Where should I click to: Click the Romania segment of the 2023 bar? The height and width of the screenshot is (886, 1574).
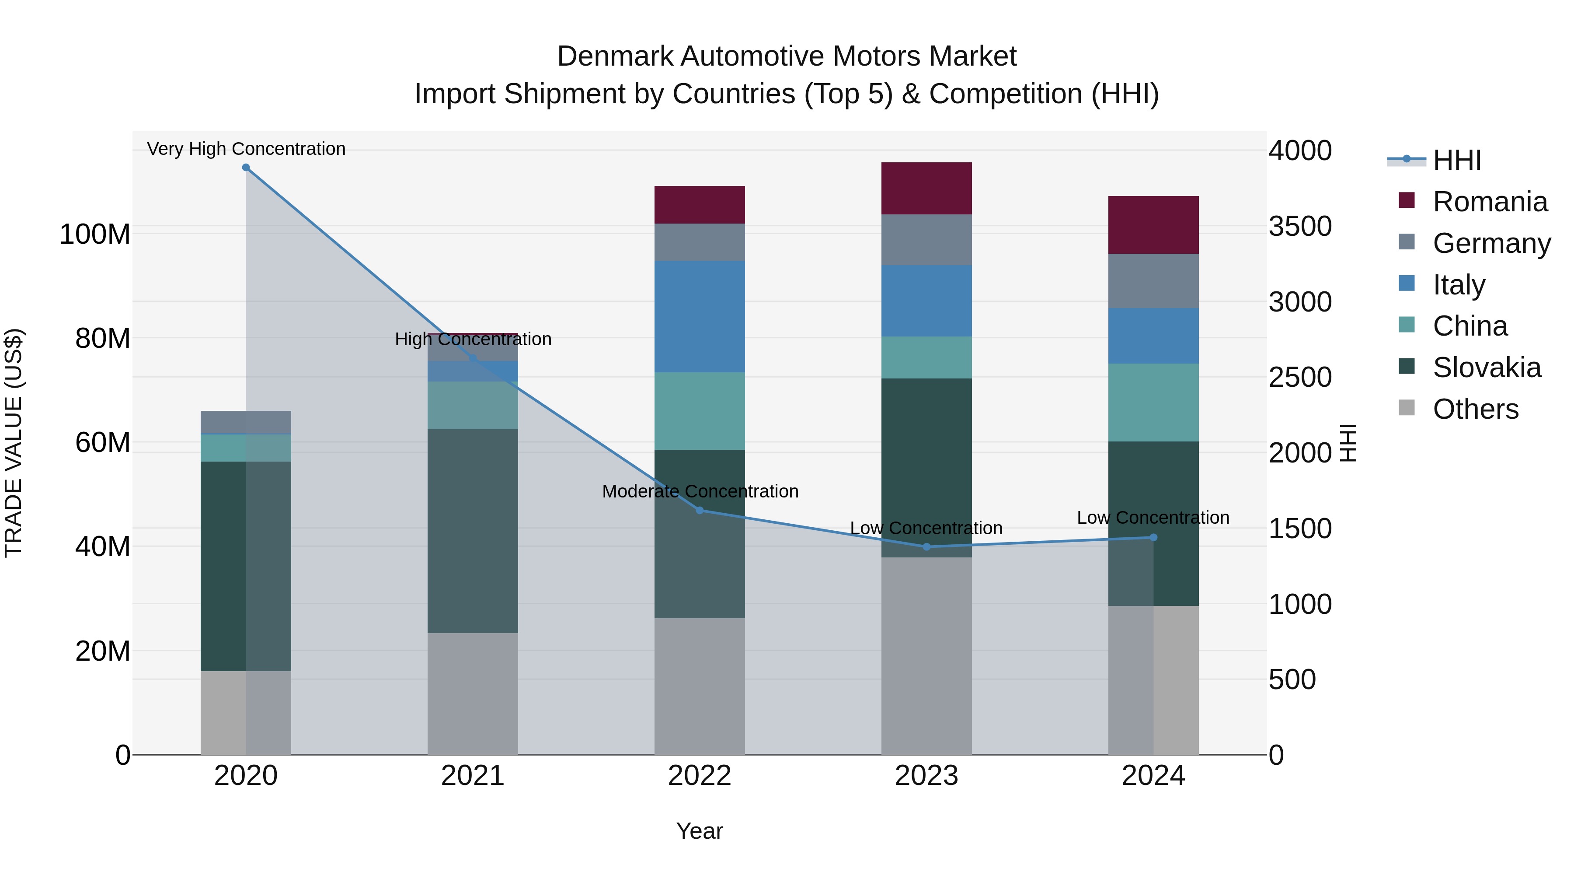point(926,188)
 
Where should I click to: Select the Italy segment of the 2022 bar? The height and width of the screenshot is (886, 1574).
point(700,317)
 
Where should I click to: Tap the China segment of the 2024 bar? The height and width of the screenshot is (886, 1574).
point(1153,403)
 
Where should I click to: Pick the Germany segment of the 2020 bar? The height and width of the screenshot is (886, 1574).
point(246,422)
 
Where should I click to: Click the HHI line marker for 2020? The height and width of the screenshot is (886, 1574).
point(246,168)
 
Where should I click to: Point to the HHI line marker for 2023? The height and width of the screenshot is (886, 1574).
point(926,546)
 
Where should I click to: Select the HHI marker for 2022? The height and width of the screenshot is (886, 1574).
point(700,511)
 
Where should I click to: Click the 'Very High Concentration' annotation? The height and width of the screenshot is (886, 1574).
point(246,149)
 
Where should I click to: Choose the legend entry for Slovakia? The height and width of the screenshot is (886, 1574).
point(1486,368)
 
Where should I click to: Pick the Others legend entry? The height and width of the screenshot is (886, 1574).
point(1475,410)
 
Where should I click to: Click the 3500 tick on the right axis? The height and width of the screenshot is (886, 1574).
point(1300,227)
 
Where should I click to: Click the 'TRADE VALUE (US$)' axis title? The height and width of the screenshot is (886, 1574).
point(14,443)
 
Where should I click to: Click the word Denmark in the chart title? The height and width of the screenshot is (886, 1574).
point(615,57)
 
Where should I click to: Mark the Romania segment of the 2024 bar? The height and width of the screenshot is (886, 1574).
point(1153,225)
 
